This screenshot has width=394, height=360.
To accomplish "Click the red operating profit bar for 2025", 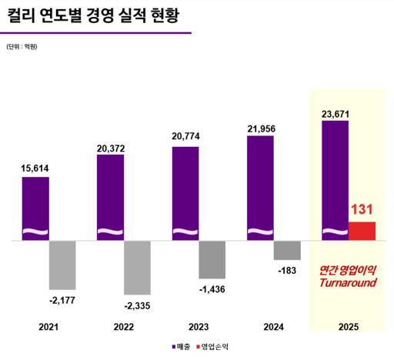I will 362,231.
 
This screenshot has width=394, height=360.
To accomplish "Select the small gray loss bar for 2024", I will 288,250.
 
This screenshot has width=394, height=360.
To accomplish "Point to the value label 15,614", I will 35,167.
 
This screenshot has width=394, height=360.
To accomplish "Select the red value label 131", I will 362,208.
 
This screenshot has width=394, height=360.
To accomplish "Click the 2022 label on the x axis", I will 124,327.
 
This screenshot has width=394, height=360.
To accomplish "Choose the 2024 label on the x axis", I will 274,327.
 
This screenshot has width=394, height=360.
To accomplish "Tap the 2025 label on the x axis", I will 349,327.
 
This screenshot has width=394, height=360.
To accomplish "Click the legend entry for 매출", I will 180,348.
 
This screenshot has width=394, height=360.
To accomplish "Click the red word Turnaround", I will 347,283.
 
